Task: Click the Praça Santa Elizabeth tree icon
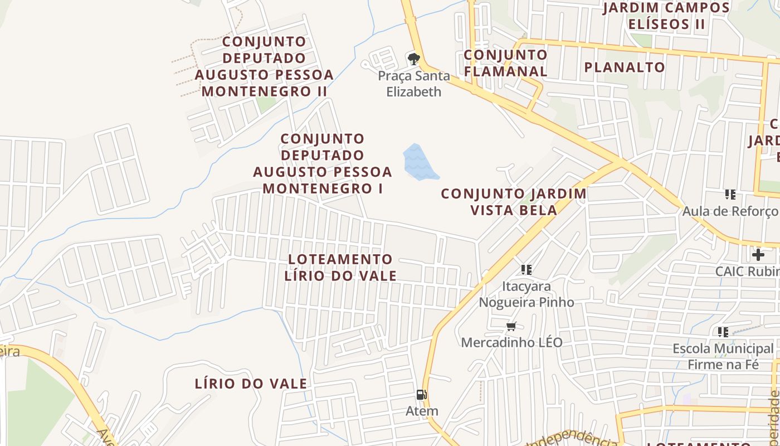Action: coord(413,59)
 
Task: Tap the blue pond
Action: coord(419,162)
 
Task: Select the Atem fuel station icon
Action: coord(422,395)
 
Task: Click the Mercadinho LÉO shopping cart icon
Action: coord(511,326)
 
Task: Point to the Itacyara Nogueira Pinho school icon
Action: coord(526,270)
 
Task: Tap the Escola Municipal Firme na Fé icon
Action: coord(723,332)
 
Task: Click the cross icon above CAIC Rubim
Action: coord(758,255)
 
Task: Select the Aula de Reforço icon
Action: coord(730,195)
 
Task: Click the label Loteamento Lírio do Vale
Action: coord(340,268)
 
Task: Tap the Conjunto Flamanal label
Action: coord(505,63)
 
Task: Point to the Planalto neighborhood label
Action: coord(625,67)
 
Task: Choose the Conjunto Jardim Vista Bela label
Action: coord(514,202)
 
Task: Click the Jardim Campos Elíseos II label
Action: coord(666,16)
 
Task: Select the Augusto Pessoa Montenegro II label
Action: coord(265,66)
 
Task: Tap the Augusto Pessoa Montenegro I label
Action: coord(323,163)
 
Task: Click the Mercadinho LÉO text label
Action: coord(511,342)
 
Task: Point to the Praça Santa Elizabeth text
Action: coord(413,84)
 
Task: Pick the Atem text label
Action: coord(422,411)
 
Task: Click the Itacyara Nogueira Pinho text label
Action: coord(526,294)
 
